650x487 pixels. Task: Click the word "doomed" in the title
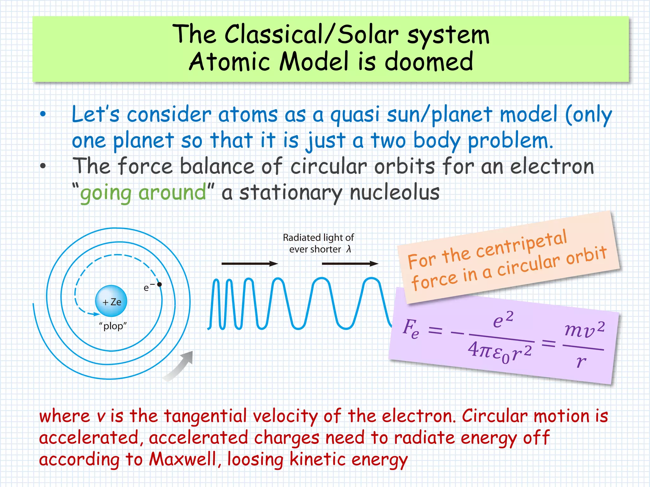pyautogui.click(x=428, y=62)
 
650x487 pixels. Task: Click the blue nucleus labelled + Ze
pyautogui.click(x=111, y=301)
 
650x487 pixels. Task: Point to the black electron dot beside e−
pyautogui.click(x=160, y=284)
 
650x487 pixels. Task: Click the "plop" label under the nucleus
pyautogui.click(x=113, y=326)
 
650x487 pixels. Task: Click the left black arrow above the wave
pyautogui.click(x=249, y=263)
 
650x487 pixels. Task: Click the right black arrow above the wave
pyautogui.click(x=350, y=263)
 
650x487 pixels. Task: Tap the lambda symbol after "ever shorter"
pyautogui.click(x=348, y=250)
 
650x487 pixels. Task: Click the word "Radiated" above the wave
pyautogui.click(x=302, y=237)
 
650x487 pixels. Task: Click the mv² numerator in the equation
pyautogui.click(x=584, y=330)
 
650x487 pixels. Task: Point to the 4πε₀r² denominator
pyautogui.click(x=500, y=352)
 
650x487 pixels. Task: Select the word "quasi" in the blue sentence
pyautogui.click(x=355, y=115)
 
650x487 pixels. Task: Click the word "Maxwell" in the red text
pyautogui.click(x=183, y=459)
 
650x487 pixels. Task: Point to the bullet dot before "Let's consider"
pyautogui.click(x=43, y=114)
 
